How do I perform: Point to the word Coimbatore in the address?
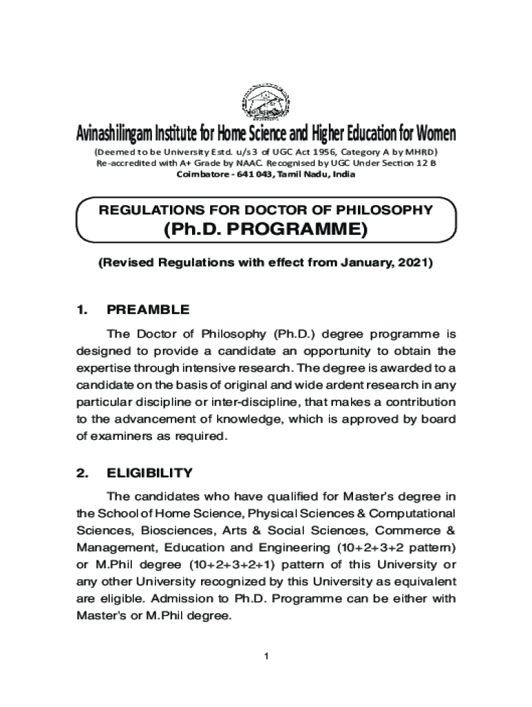pyautogui.click(x=202, y=175)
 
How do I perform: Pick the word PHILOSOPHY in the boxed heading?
pyautogui.click(x=381, y=210)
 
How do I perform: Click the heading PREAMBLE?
pyautogui.click(x=148, y=309)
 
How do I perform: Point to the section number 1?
pyautogui.click(x=82, y=309)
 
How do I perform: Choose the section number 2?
pyautogui.click(x=82, y=473)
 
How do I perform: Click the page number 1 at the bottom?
pyautogui.click(x=265, y=655)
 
